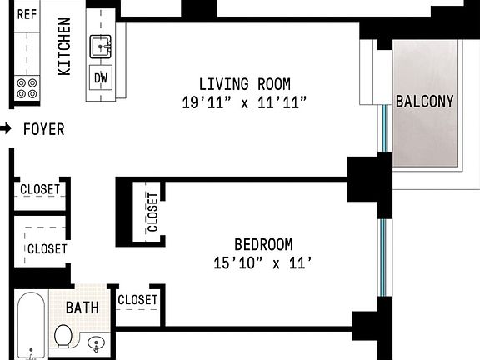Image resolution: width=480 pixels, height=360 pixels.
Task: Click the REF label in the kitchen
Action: (27, 13)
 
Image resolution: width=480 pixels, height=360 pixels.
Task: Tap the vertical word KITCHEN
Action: (64, 47)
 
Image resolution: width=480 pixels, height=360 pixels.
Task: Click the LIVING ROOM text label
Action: (244, 84)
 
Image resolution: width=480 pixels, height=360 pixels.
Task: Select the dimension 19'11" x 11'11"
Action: (244, 103)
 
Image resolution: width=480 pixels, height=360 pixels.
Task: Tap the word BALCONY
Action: (424, 102)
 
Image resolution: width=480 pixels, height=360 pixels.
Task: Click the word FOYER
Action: (43, 130)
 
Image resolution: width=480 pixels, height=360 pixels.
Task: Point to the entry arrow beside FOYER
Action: (6, 129)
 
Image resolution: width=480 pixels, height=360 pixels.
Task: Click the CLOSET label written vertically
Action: (152, 212)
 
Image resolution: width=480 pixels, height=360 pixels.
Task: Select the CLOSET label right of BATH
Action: (137, 300)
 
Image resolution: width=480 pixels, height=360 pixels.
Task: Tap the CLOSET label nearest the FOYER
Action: (40, 189)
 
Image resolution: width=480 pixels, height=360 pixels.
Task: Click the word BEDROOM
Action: (262, 244)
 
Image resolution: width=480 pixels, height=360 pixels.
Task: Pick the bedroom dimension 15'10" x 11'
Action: (262, 263)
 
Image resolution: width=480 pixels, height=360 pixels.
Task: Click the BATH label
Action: (82, 307)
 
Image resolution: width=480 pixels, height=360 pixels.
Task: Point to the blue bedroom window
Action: (382, 257)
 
